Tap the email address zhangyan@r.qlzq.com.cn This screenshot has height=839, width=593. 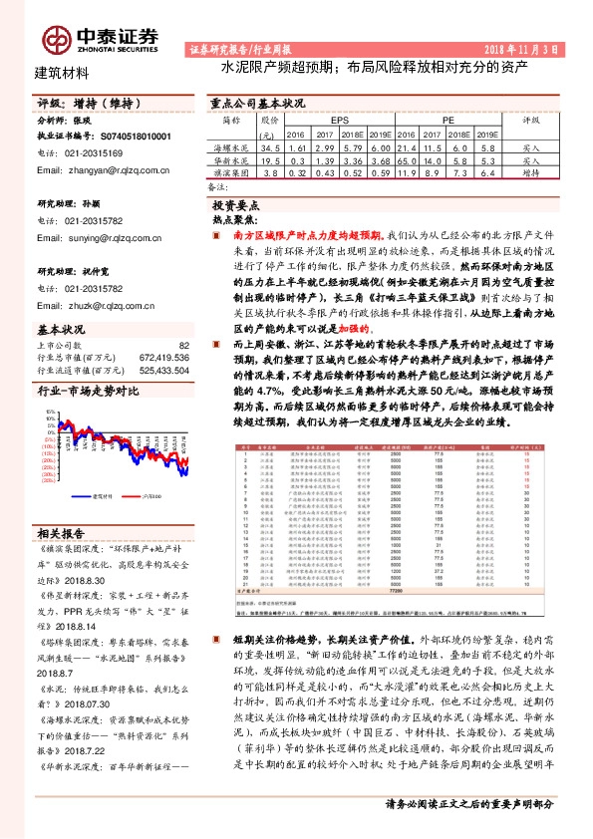click(x=99, y=170)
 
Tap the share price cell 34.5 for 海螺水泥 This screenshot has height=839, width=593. click(x=270, y=145)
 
